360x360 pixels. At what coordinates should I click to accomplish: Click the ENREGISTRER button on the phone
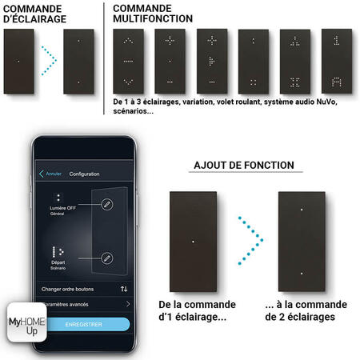(x=84, y=324)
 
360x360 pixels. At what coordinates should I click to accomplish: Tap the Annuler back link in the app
(x=50, y=174)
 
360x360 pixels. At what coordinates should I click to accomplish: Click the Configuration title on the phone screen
(x=84, y=174)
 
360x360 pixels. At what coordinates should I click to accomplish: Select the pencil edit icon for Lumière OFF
(x=108, y=205)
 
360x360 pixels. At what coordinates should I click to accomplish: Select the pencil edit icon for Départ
(x=108, y=258)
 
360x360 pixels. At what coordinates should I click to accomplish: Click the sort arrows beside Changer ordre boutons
(x=124, y=288)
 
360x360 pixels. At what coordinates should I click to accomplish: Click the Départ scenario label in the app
(x=57, y=260)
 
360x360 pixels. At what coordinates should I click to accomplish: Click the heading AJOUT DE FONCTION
(x=244, y=166)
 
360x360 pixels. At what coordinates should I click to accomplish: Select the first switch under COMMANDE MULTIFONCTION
(x=129, y=60)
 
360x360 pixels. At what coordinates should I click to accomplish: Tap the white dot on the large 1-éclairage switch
(x=194, y=239)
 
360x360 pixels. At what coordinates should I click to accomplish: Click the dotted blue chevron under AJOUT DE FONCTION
(x=250, y=238)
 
